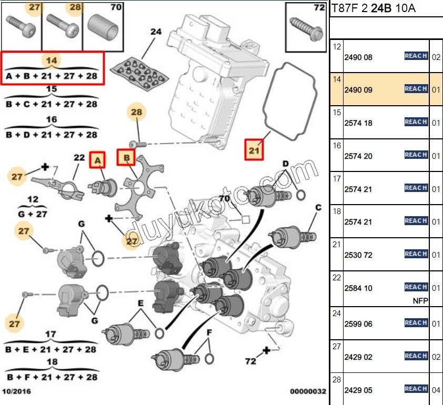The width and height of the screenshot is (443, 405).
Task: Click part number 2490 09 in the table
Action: [x=358, y=90]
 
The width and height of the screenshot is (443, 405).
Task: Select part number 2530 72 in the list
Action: [x=358, y=255]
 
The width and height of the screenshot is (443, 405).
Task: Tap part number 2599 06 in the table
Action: [x=358, y=324]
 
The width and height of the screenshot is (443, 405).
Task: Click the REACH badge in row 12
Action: [x=416, y=56]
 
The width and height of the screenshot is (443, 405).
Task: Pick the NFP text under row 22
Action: [x=420, y=301]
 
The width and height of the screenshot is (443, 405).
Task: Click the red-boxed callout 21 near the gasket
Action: [x=255, y=150]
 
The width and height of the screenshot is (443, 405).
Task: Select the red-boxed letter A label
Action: [x=97, y=159]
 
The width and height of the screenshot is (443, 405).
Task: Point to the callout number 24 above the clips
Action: [x=156, y=32]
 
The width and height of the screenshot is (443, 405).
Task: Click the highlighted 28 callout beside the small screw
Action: [x=137, y=113]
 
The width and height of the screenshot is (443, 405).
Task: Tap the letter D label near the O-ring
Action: [x=286, y=164]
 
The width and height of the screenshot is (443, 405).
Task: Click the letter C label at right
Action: [x=318, y=207]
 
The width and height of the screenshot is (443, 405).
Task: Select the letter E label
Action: [x=141, y=303]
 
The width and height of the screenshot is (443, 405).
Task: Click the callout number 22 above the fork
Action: [x=79, y=157]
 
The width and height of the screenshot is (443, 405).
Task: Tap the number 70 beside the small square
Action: [x=225, y=199]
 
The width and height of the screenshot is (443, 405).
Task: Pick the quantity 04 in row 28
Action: [x=436, y=390]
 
